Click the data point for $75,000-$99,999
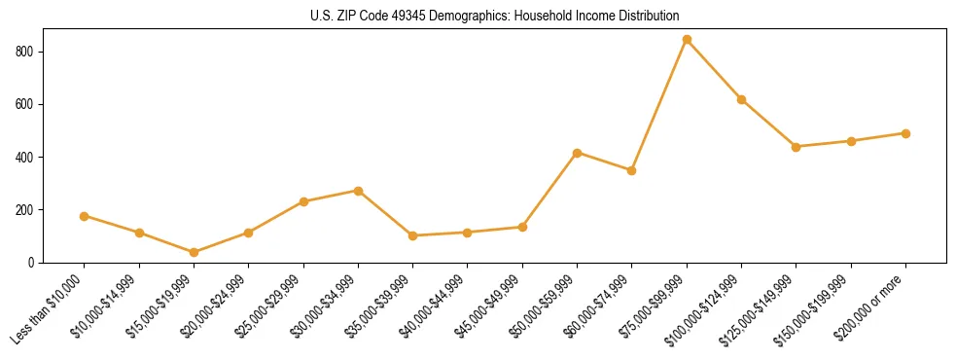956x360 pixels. coord(687,40)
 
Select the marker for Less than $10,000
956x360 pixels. coord(85,216)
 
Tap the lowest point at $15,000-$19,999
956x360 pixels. coord(194,253)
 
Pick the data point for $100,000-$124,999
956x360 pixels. coord(741,99)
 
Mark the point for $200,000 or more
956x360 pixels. coord(905,133)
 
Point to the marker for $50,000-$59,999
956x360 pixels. coord(577,153)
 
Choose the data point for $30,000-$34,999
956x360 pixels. coord(358,191)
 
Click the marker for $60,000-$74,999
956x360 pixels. coord(632,170)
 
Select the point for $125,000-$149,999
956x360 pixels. coord(797,147)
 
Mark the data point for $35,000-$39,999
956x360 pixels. coord(412,235)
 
